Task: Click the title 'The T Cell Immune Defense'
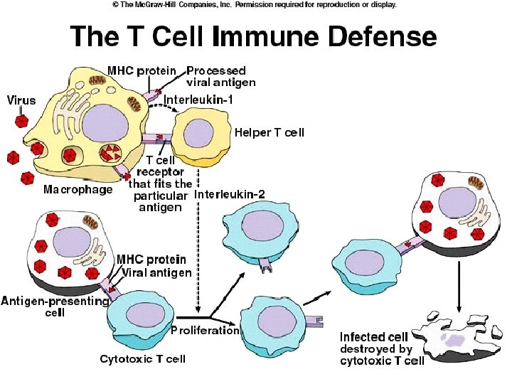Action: coord(252,36)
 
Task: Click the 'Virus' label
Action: coord(21,100)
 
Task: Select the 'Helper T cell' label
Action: coord(270,132)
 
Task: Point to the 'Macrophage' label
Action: coord(78,189)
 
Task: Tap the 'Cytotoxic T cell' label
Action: coord(142,358)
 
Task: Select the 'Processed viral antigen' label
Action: coord(216,76)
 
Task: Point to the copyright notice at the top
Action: coord(255,4)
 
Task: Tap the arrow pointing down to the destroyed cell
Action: coord(459,284)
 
